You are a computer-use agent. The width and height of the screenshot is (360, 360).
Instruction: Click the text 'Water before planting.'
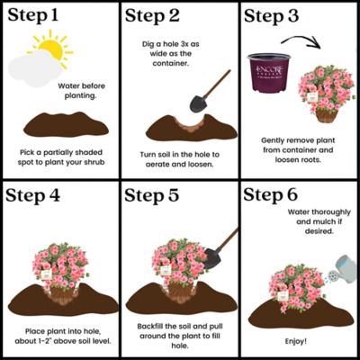78,93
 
